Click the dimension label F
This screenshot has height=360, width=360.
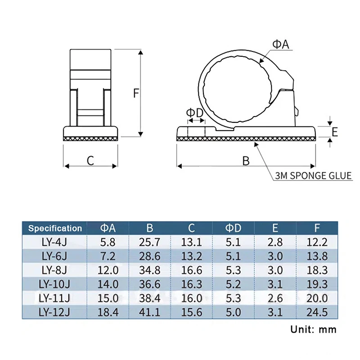pos(136,93)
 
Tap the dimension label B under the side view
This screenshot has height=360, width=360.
pos(246,161)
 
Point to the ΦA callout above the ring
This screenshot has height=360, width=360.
pos(280,44)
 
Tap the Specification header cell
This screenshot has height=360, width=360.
pos(55,228)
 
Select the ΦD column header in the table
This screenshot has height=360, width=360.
pos(234,228)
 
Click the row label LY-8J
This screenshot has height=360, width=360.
pos(54,270)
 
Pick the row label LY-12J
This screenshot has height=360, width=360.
pos(54,312)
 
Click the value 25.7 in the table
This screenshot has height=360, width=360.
pos(150,243)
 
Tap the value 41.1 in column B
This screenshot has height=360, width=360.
pos(150,312)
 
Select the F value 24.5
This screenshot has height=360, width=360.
pos(317,312)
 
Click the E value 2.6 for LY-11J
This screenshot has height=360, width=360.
pos(275,298)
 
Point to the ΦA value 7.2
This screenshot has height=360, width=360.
pos(108,256)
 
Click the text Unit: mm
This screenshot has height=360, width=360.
pos(313,329)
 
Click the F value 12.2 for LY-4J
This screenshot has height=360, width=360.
pos(317,243)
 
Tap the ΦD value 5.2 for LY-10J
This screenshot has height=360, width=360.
pos(234,284)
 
